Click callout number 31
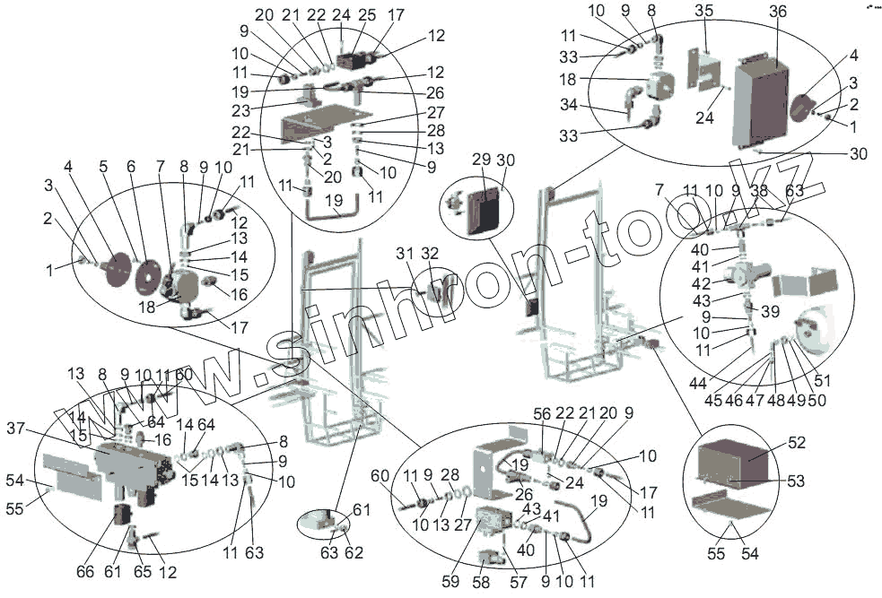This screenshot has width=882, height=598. [x=405, y=254]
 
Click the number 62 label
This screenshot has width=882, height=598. [x=355, y=553]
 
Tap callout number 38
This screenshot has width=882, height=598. [x=759, y=191]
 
